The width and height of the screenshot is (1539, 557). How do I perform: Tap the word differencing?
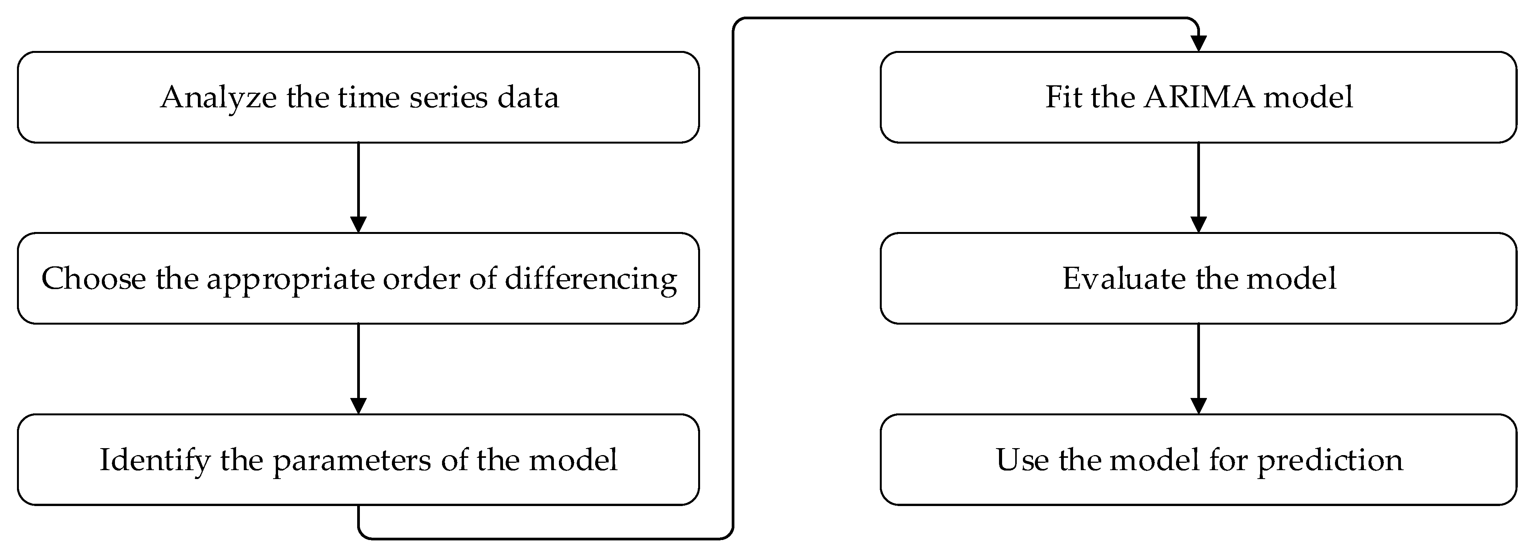click(591, 279)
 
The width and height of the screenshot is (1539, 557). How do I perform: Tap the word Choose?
click(93, 279)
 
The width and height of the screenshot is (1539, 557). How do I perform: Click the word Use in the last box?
click(1021, 460)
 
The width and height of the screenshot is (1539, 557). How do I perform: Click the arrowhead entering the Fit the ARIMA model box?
click(1198, 44)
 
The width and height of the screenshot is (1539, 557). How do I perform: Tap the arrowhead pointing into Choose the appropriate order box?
click(358, 224)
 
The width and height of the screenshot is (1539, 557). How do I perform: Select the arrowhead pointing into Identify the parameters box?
click(358, 405)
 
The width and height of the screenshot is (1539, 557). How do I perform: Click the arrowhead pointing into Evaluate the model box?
click(1198, 224)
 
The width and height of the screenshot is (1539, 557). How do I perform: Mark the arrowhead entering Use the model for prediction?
click(1198, 405)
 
